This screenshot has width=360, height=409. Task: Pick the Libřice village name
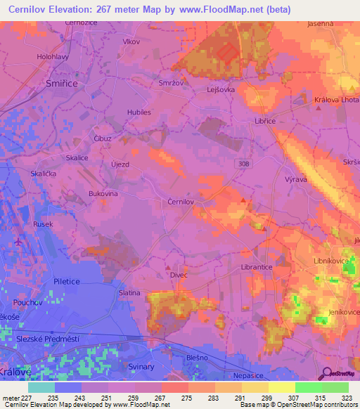click(x=264, y=121)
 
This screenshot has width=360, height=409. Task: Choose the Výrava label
click(x=297, y=180)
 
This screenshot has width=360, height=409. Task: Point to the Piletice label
click(x=68, y=281)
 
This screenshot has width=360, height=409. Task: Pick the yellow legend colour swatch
click(x=281, y=387)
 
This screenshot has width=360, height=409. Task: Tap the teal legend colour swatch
click(x=41, y=387)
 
